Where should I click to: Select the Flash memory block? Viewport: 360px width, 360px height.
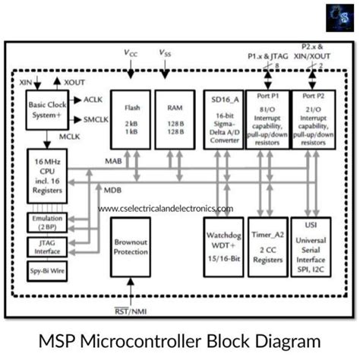point(130,118)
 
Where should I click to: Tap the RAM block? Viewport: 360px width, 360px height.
point(174,118)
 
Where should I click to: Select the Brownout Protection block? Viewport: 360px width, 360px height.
point(130,247)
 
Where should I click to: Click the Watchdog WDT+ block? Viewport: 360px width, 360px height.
point(222,247)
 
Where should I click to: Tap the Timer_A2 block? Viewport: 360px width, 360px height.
point(267,247)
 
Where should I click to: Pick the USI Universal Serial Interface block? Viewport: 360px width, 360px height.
point(313,247)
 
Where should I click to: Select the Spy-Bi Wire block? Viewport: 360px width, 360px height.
point(45,270)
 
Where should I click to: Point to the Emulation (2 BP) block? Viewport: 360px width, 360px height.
point(45,223)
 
